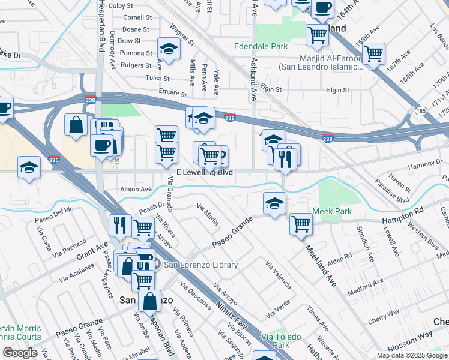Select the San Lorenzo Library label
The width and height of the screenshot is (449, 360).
click(x=201, y=265)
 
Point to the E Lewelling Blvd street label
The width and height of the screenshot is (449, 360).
click(x=205, y=172)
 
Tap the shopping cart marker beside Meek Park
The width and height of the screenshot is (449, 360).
click(x=301, y=224)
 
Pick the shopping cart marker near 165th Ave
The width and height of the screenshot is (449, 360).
click(x=374, y=55)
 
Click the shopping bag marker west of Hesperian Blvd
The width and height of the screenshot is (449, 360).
click(x=77, y=125)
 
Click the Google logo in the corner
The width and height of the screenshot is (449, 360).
click(x=20, y=353)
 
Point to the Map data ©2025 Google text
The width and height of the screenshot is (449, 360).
click(x=412, y=355)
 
